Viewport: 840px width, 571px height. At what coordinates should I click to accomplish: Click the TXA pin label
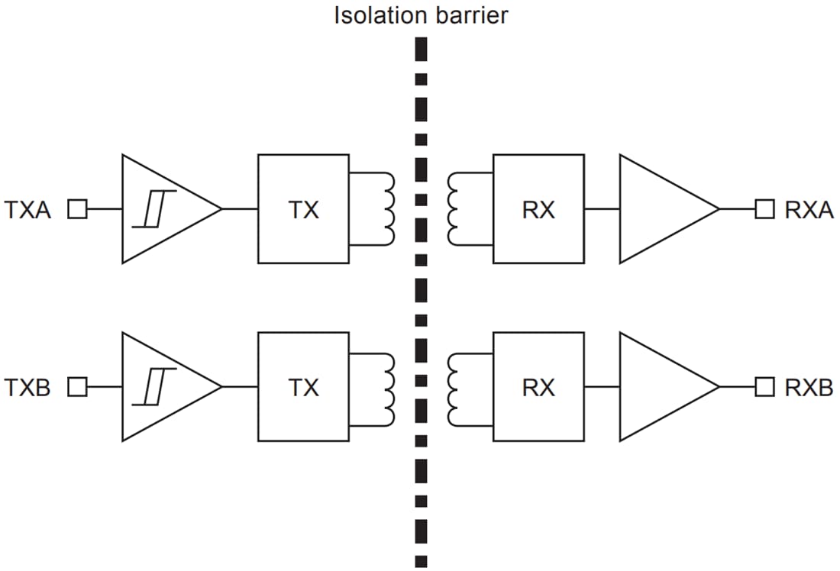[28, 210]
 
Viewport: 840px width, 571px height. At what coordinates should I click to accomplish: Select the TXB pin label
[28, 388]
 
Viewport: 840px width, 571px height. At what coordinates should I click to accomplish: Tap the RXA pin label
[809, 210]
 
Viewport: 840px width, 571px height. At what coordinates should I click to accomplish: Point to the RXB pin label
[809, 388]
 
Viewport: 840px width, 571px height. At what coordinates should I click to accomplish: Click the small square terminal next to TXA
[77, 209]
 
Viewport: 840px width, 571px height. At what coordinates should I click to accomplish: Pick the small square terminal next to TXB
[77, 388]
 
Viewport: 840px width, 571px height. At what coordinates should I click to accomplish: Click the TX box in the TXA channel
[303, 209]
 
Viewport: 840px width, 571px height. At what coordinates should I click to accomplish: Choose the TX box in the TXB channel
[303, 387]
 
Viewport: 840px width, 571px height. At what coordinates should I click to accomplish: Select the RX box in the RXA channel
[538, 209]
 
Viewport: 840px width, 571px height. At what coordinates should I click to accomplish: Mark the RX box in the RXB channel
[538, 387]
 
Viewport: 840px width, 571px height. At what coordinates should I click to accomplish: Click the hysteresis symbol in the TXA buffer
[154, 209]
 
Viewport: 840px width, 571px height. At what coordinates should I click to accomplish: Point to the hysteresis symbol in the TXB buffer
[154, 387]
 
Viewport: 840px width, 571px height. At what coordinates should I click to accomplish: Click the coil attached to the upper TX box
[388, 209]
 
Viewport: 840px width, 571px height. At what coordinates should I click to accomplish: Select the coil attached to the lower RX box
[453, 387]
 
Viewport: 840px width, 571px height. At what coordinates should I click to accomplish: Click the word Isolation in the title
[380, 15]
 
